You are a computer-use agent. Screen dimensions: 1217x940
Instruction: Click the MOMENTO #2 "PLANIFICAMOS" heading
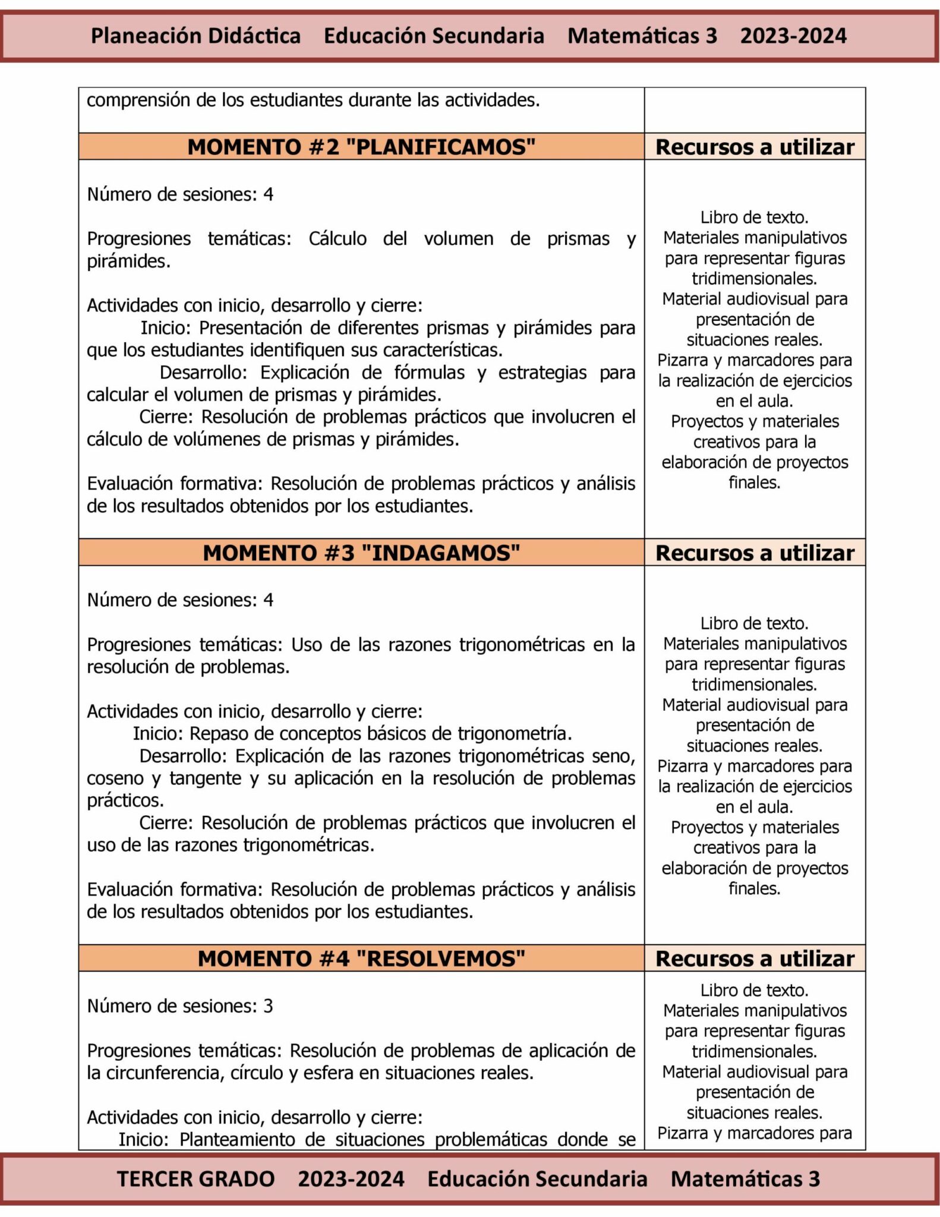click(361, 146)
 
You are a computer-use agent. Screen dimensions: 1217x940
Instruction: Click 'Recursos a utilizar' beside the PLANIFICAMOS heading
click(755, 147)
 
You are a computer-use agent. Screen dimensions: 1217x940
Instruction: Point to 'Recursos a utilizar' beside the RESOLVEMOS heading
click(755, 959)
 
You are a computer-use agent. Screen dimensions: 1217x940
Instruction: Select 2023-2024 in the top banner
click(793, 36)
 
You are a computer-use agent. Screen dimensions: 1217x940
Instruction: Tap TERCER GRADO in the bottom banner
click(195, 1179)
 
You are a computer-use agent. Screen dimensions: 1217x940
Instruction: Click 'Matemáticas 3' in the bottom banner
click(745, 1179)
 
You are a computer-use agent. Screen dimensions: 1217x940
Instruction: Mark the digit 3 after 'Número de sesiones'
click(268, 1006)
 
